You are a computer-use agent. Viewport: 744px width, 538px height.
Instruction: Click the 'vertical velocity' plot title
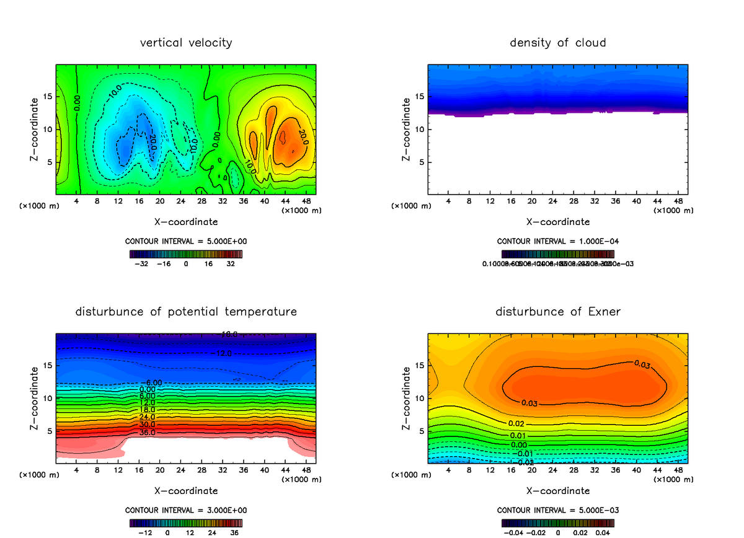click(x=185, y=43)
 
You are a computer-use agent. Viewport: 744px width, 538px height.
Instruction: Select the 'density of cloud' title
click(x=557, y=43)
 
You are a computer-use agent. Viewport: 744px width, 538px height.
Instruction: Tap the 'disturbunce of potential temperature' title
click(x=185, y=311)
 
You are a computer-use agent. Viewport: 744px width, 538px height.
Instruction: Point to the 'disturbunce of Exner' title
click(x=557, y=311)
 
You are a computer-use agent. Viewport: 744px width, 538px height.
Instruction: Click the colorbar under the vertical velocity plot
click(x=185, y=254)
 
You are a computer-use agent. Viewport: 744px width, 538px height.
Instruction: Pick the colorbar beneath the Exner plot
click(x=557, y=523)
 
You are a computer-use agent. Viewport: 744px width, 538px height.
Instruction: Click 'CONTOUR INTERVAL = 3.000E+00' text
click(x=185, y=510)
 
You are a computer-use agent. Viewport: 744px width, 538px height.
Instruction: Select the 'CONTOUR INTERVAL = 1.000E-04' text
click(x=557, y=241)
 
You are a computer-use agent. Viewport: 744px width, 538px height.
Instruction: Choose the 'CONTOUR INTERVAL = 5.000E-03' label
click(x=557, y=510)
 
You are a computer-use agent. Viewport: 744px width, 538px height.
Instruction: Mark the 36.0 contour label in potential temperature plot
click(x=148, y=432)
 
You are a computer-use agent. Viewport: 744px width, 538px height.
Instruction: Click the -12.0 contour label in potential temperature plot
click(x=224, y=353)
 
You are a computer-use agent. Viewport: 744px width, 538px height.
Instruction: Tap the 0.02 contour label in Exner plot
click(x=516, y=424)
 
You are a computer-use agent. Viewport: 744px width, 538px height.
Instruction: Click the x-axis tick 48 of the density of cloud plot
click(x=678, y=201)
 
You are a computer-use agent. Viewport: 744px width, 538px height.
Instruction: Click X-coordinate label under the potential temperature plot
click(x=185, y=491)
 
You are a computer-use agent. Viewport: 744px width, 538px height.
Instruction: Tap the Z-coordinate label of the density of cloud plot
click(x=406, y=130)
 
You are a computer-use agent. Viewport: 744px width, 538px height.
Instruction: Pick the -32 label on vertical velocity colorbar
click(x=144, y=263)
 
